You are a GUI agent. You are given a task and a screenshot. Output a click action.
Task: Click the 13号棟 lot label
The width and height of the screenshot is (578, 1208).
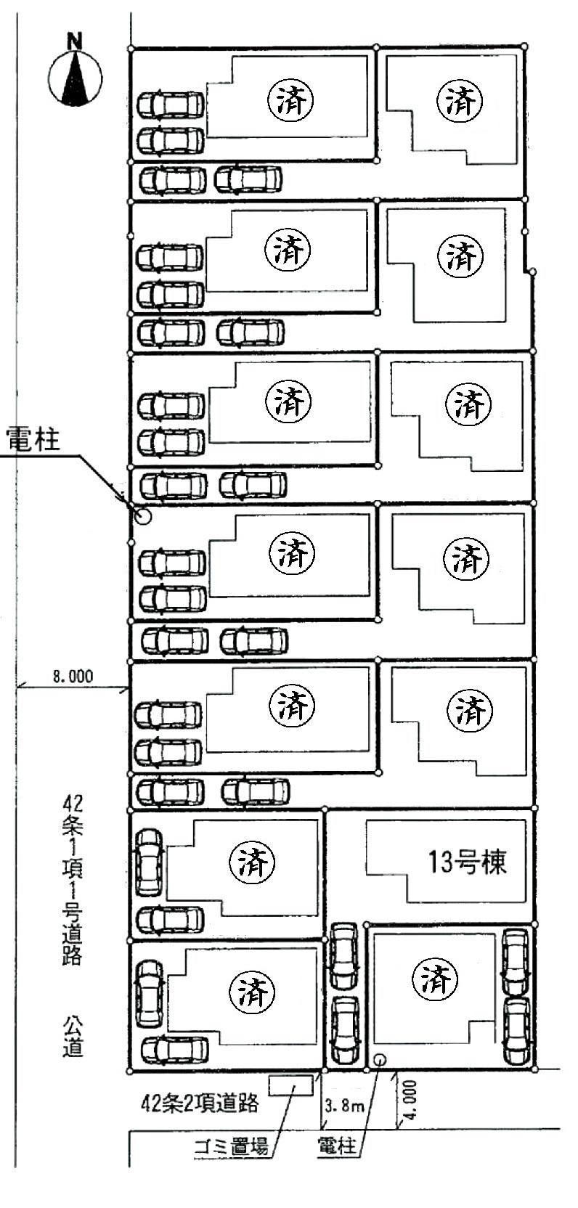pyautogui.click(x=467, y=862)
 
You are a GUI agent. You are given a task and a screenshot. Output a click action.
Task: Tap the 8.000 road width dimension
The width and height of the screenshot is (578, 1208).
pyautogui.click(x=73, y=676)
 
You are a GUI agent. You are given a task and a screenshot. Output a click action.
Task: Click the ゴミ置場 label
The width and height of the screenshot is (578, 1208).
pyautogui.click(x=232, y=1147)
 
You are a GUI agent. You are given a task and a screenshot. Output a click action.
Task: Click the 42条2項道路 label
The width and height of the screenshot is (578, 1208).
pyautogui.click(x=200, y=1103)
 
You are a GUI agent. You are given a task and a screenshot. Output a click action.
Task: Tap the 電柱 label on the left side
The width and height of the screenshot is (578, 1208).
pyautogui.click(x=33, y=440)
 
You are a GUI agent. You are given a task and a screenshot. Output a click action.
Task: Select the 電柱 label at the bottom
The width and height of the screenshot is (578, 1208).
pyautogui.click(x=337, y=1147)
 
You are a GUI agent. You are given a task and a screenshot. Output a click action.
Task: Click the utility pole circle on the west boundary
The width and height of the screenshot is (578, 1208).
pyautogui.click(x=143, y=517)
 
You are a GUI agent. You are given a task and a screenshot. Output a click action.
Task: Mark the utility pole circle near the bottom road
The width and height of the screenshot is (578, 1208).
pyautogui.click(x=379, y=1060)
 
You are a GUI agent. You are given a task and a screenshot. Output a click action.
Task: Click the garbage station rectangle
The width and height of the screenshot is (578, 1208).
pyautogui.click(x=291, y=1085)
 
